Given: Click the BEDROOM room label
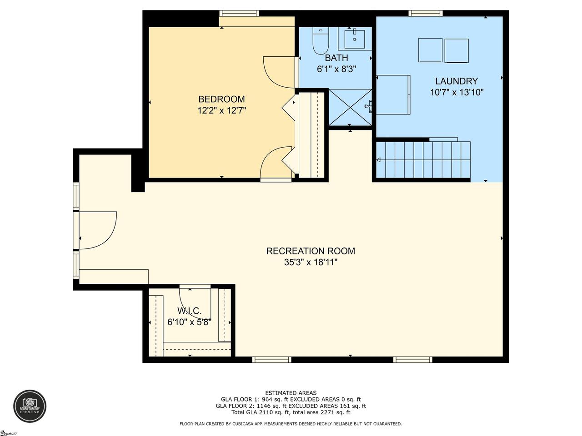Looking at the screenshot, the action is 221,99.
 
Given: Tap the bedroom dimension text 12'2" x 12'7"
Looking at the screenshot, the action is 222,110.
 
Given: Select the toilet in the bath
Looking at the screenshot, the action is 321,40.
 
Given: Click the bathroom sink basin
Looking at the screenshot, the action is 355,39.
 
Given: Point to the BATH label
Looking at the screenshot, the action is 336,58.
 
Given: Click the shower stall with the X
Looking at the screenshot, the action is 350,107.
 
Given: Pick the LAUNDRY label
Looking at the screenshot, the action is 457,81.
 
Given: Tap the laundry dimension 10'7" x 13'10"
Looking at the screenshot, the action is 457,92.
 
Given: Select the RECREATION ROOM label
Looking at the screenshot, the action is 311,251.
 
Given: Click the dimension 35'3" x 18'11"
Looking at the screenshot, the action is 311,263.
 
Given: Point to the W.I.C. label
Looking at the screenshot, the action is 189,311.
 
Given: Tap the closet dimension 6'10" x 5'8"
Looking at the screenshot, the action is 189,322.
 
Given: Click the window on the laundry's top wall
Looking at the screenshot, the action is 426,13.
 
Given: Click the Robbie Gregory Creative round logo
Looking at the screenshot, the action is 30,406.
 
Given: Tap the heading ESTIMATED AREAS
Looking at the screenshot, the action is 291,393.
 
